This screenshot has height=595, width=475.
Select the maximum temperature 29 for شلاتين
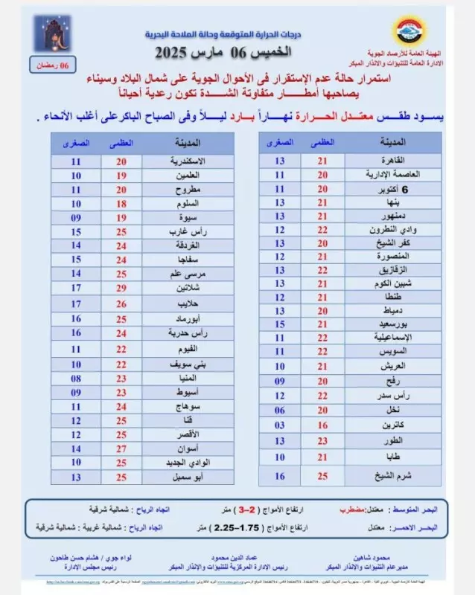(121, 288)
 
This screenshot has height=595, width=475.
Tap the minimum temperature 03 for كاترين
(280, 424)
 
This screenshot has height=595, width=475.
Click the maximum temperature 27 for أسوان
(121, 448)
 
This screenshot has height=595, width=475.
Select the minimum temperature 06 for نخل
(280, 410)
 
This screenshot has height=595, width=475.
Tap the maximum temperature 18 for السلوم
(121, 203)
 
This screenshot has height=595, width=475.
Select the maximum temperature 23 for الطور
(322, 439)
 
